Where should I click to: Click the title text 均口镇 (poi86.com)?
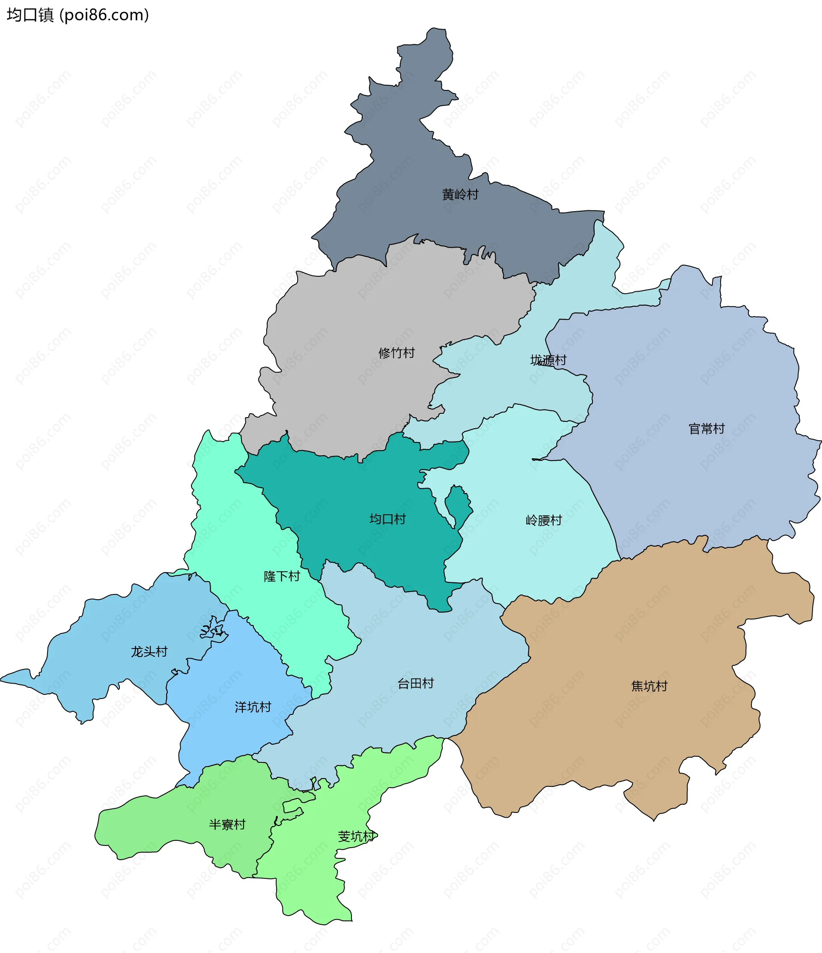77,15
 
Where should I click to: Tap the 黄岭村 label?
460,194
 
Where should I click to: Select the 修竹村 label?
397,353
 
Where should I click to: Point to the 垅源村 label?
548,360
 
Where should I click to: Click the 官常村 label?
706,429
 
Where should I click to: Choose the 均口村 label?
387,519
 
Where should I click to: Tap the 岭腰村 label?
544,520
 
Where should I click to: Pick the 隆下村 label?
282,577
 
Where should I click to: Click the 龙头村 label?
149,652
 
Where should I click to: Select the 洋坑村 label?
253,707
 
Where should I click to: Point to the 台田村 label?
416,684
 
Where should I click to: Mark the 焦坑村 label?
649,686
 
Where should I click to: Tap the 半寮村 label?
227,825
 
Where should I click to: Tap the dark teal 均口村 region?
349,497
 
